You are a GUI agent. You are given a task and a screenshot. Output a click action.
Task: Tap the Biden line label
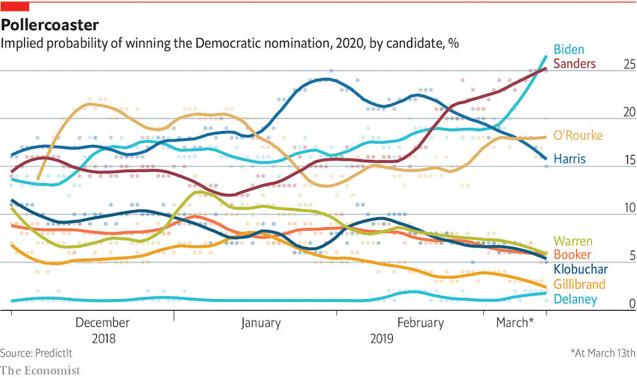(x=568, y=50)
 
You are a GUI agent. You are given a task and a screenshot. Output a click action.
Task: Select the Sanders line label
(x=574, y=64)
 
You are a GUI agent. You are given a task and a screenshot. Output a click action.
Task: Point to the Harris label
(x=569, y=159)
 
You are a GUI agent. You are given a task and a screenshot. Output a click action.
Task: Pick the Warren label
(x=573, y=241)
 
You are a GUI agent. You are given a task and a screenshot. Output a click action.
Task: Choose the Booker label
(x=572, y=255)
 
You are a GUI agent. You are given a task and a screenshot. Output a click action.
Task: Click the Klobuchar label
(x=580, y=269)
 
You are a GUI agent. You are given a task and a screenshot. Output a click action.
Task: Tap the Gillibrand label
(x=579, y=284)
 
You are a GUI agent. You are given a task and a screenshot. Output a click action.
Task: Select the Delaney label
(x=575, y=299)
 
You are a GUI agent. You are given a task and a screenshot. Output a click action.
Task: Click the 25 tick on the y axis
(x=627, y=64)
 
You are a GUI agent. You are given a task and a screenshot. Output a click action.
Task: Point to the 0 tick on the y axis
(x=630, y=304)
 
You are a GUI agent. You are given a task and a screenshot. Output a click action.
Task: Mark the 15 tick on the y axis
(x=627, y=161)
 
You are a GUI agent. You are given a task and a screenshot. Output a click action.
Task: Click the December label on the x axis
(x=102, y=323)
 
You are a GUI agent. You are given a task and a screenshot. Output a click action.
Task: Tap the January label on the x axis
(x=260, y=323)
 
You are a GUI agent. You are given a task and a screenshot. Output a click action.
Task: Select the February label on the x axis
(x=420, y=323)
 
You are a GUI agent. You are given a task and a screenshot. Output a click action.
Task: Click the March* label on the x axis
(x=515, y=323)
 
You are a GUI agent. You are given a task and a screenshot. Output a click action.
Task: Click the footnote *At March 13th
(x=603, y=353)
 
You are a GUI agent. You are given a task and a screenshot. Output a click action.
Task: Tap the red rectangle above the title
(x=14, y=6)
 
